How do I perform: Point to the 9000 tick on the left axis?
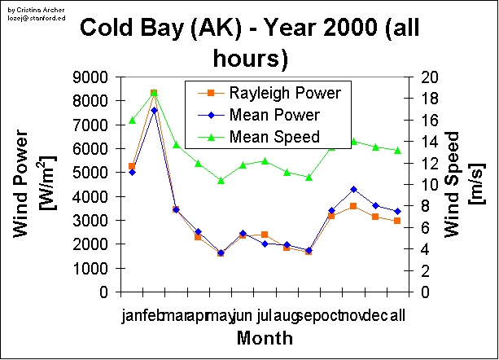pos(94,77)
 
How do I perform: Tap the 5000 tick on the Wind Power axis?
pos(94,173)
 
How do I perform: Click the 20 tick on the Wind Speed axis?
pos(431,77)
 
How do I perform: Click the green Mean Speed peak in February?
pos(154,93)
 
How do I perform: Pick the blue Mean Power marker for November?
pos(353,189)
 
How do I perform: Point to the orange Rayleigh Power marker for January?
pos(132,166)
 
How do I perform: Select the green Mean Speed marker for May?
pos(221,180)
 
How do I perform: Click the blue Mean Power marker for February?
pos(154,110)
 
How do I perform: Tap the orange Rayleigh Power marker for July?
pos(265,235)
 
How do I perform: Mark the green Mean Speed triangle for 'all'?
pos(397,150)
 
